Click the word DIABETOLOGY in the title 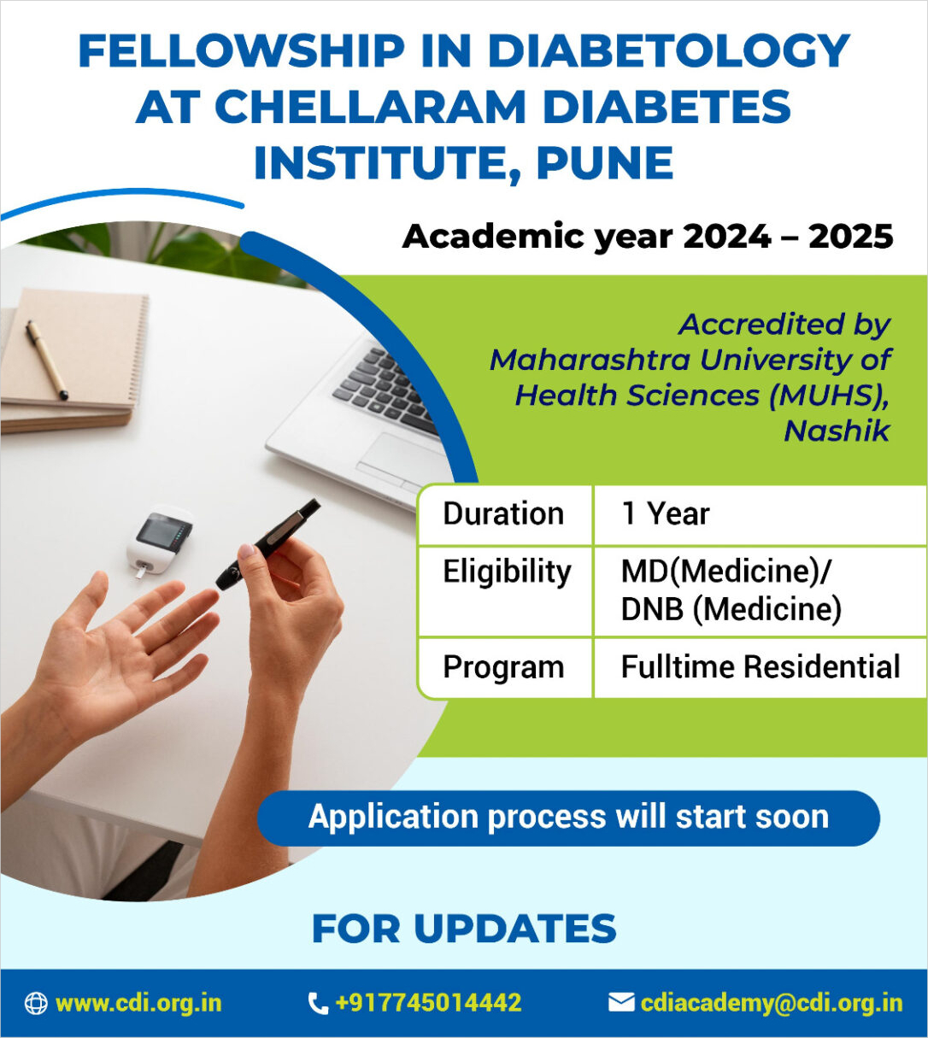tap(669, 51)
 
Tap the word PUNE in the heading tap(605, 163)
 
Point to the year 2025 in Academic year tap(851, 237)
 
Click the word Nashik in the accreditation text tap(837, 431)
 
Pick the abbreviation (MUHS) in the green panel tap(829, 396)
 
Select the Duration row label tap(503, 513)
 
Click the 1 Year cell tap(665, 513)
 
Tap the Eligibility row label tap(507, 572)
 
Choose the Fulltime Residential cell tap(761, 667)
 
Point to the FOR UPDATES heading tap(464, 928)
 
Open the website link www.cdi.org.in tap(138, 1002)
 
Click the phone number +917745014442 tap(428, 1002)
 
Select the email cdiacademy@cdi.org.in tap(772, 1003)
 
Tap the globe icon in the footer tap(36, 1003)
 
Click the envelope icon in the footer tap(621, 1002)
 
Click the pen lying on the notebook tap(47, 360)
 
